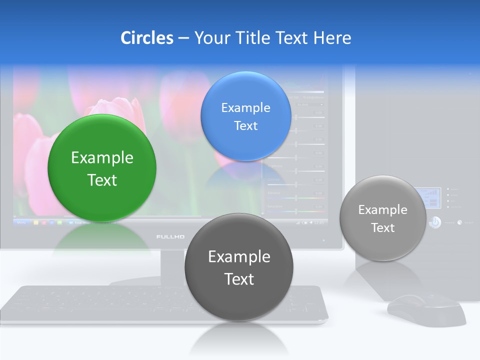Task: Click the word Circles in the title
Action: pos(147,38)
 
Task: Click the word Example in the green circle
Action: pos(102,158)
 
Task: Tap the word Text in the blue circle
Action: pos(245,126)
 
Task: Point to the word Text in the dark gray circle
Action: pos(239,279)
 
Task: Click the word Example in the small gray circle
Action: pos(382,210)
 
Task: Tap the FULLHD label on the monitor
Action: pos(170,236)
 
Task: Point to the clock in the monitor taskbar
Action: pos(318,222)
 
